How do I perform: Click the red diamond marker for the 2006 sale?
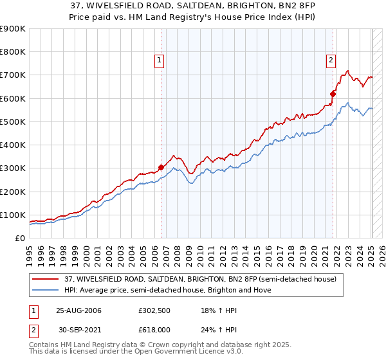pos(161,168)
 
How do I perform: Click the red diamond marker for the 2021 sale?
pos(333,94)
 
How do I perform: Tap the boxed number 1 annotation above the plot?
pos(159,61)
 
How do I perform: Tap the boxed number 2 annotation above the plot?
pos(331,61)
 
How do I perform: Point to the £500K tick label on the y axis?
pos(13,122)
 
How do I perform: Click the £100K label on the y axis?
pos(13,215)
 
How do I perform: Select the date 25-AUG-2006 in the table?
pos(78,310)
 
